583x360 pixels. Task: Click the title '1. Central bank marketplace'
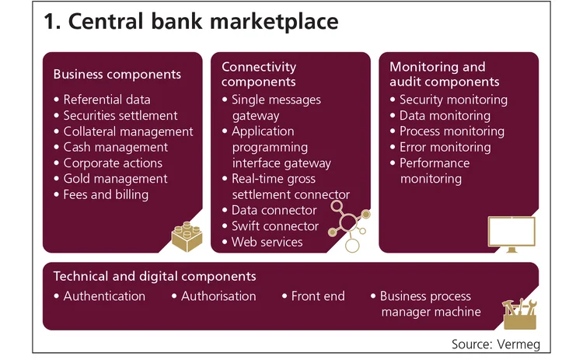[191, 22]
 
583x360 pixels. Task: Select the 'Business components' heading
[117, 75]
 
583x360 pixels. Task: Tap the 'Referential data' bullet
[106, 100]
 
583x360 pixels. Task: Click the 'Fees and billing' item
[106, 194]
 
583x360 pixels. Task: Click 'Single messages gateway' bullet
[277, 107]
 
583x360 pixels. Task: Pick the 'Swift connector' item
[275, 226]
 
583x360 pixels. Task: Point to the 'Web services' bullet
[267, 242]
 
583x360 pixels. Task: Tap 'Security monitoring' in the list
[452, 100]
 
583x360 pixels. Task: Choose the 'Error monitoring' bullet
[445, 147]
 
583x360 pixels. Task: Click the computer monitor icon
[511, 234]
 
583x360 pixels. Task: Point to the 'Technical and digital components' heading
[155, 276]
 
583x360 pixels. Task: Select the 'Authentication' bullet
[104, 296]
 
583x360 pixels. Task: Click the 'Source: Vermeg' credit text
[495, 343]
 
